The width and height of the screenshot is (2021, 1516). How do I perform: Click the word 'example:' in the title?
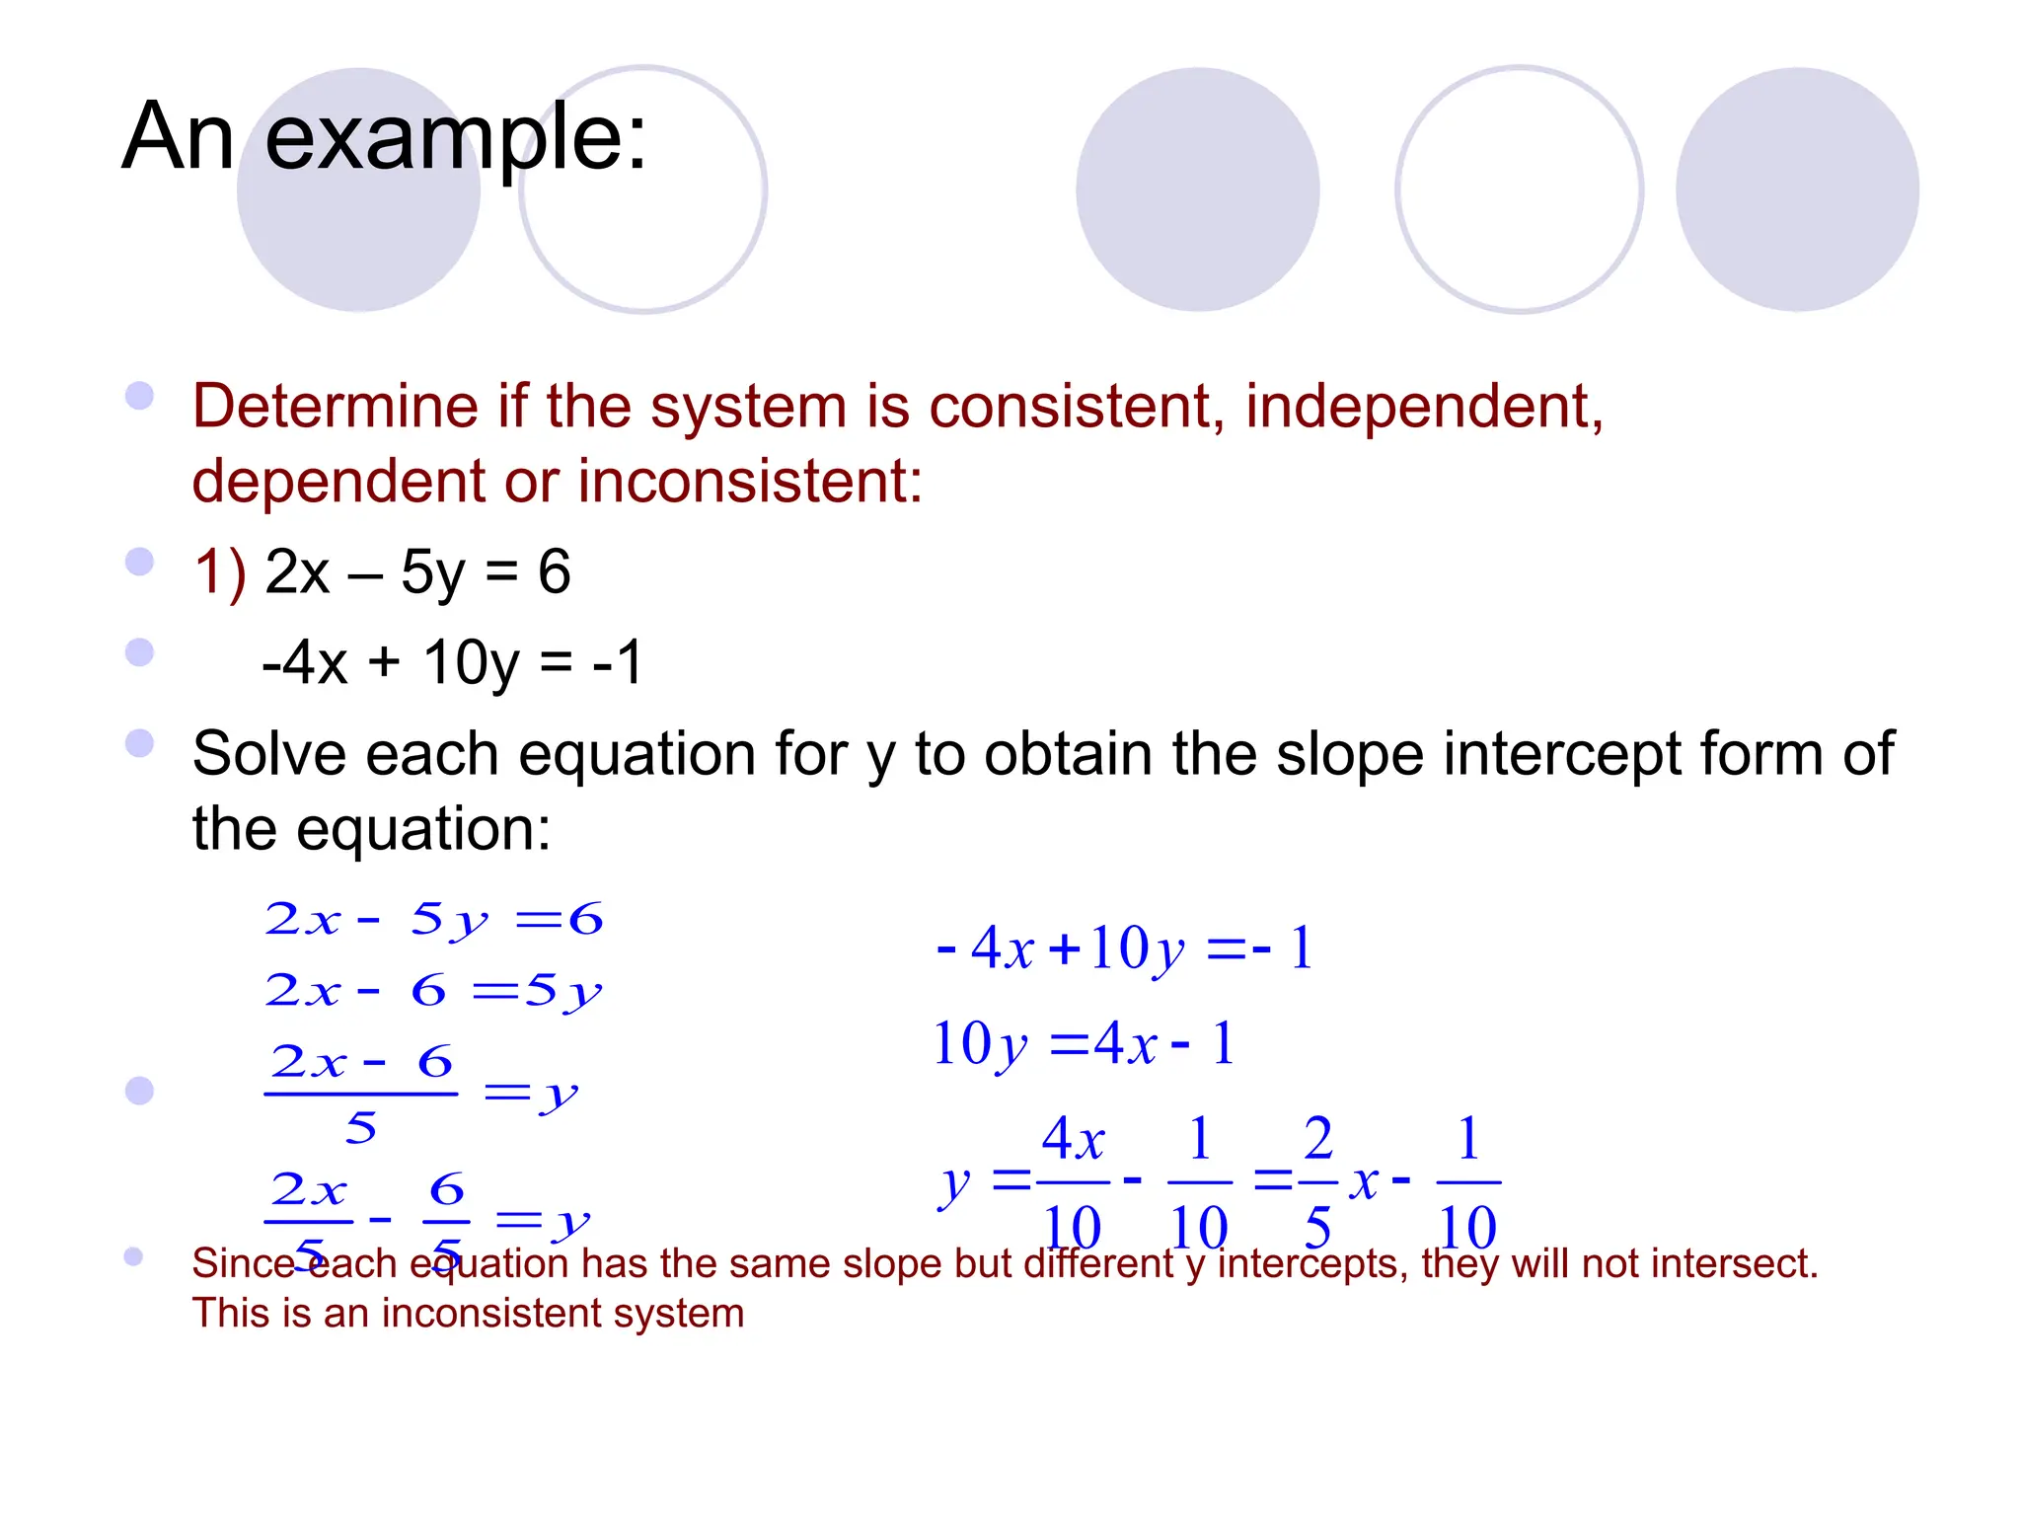point(456,138)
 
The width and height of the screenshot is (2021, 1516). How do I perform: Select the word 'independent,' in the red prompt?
point(1424,407)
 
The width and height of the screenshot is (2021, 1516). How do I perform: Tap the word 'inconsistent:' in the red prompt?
point(750,482)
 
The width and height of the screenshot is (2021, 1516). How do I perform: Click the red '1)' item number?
point(220,572)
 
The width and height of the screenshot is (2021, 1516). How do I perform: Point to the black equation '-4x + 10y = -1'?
point(453,662)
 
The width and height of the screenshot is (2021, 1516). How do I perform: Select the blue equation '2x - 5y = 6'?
point(433,920)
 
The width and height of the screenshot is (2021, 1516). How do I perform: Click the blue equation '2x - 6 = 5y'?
point(433,991)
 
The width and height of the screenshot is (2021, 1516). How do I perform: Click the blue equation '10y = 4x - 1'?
point(1084,1044)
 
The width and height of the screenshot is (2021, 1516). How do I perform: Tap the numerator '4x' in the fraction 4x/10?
point(1073,1139)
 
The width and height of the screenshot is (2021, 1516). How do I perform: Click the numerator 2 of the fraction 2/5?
point(1317,1139)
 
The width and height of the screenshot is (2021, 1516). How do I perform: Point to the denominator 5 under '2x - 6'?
point(360,1128)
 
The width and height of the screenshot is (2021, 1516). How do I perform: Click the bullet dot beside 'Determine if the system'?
point(140,397)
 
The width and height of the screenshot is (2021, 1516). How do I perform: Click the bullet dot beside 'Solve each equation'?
point(140,743)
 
